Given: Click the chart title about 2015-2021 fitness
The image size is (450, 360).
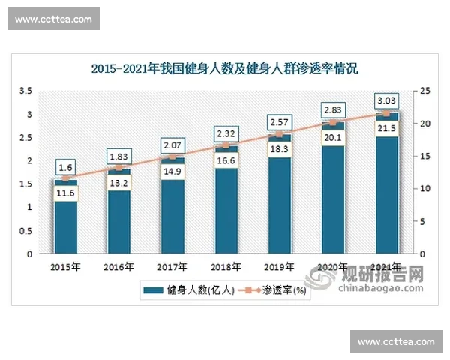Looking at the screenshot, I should pos(225,69).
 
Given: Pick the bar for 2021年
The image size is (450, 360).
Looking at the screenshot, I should pos(387,195).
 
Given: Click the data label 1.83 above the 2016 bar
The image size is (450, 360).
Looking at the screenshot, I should pos(118,156).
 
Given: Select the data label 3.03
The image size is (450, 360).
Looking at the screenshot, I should pos(387,100).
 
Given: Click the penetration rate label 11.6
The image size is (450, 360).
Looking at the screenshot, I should pos(65,194).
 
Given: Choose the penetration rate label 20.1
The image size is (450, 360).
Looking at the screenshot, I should pos(333,137).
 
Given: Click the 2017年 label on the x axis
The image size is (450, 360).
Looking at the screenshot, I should pos(172,266).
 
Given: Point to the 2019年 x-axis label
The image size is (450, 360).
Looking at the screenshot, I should pos(279,266).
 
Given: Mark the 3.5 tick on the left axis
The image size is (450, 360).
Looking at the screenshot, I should pos(25,91).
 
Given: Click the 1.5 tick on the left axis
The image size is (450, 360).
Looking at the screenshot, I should pos(25,184).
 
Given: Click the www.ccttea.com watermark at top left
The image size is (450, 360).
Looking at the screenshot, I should pos(53,19).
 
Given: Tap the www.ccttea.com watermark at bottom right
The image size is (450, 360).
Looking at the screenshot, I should pos(396,342).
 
